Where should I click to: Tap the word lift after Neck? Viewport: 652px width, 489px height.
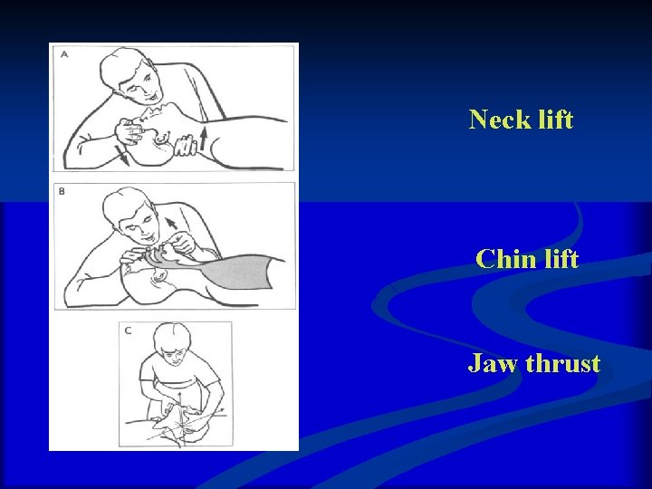[554, 120]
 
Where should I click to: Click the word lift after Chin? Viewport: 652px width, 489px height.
[560, 260]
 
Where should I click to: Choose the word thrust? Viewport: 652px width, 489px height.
[563, 364]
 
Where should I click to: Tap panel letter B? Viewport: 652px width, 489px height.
[62, 191]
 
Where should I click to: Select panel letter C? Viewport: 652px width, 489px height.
[128, 331]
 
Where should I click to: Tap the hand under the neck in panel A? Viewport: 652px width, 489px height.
[188, 146]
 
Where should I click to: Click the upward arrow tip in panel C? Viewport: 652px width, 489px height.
[180, 395]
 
